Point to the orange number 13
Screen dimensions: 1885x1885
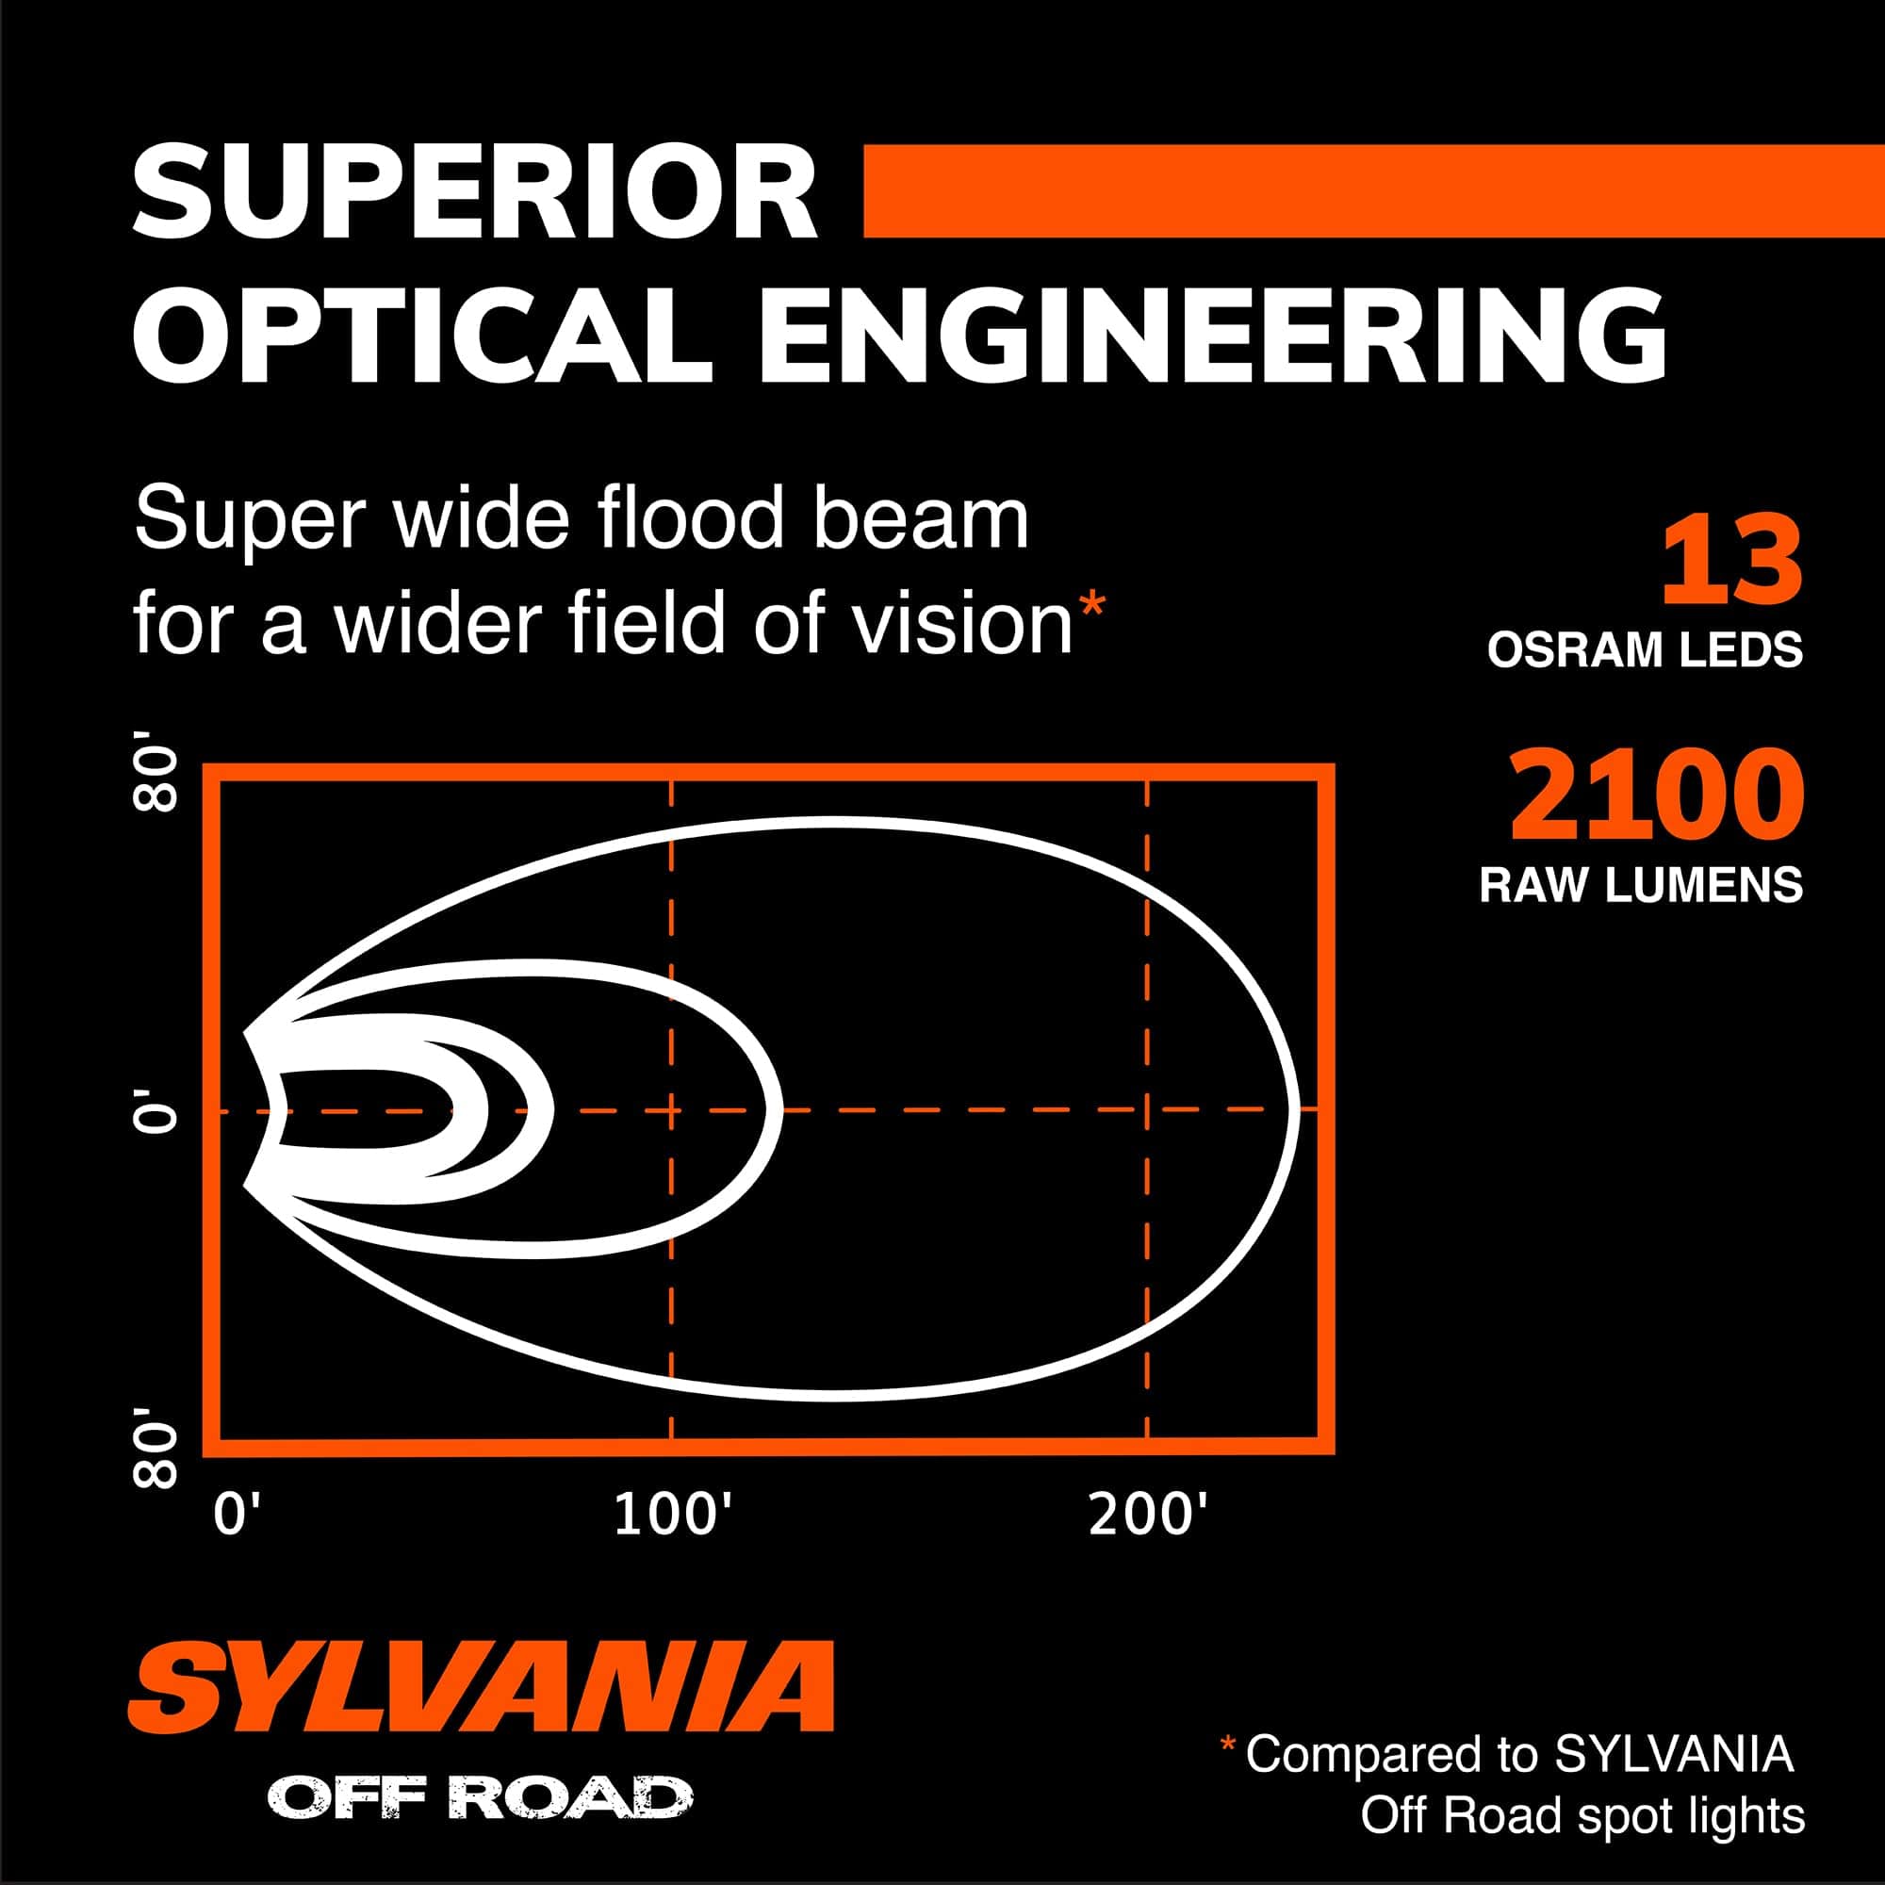1730,563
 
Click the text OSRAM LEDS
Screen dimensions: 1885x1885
1644,650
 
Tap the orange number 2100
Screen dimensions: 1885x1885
1656,795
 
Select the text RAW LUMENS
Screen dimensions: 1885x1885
1641,885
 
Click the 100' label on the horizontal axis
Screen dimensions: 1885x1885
672,1516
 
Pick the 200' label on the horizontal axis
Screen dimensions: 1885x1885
1147,1516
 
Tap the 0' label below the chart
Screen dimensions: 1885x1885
238,1516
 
